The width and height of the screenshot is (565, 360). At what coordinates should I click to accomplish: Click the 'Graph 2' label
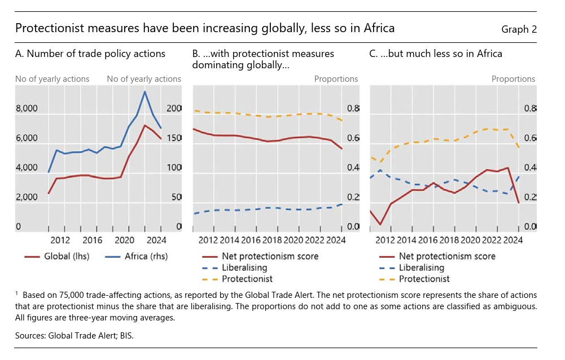519,29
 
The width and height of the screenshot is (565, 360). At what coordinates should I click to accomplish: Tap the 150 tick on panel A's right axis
174,138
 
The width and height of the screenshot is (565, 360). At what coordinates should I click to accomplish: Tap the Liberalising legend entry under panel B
244,267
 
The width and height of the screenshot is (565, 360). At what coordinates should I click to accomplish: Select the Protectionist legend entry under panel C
424,279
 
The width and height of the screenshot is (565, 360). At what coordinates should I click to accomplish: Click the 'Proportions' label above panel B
336,79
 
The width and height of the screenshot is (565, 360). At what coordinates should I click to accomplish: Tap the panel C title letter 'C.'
374,54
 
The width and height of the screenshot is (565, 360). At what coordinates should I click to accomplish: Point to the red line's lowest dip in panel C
380,225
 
